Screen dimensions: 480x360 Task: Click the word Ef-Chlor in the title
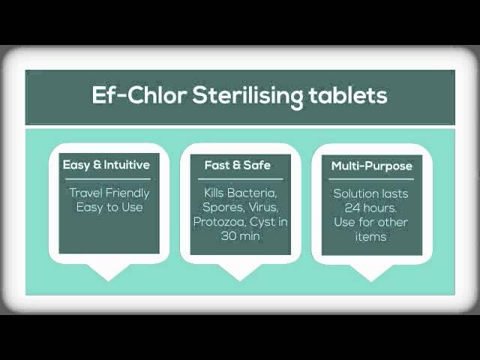139,95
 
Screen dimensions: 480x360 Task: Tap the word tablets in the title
348,95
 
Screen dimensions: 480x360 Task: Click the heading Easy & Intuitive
106,165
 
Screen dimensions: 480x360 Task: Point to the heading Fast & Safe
238,165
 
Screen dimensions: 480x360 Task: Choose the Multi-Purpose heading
372,166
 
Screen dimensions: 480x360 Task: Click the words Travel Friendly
109,193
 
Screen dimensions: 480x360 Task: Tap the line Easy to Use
109,207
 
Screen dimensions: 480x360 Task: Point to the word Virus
263,208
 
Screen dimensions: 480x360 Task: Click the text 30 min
240,236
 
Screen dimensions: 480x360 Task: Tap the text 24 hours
370,208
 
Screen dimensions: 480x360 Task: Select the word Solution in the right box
352,193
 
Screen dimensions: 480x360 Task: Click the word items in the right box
370,237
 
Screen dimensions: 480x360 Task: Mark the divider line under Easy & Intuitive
108,179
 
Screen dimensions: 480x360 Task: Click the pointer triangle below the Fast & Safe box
240,271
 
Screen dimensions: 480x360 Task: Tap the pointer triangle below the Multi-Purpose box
371,271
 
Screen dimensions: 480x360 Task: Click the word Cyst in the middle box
262,223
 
